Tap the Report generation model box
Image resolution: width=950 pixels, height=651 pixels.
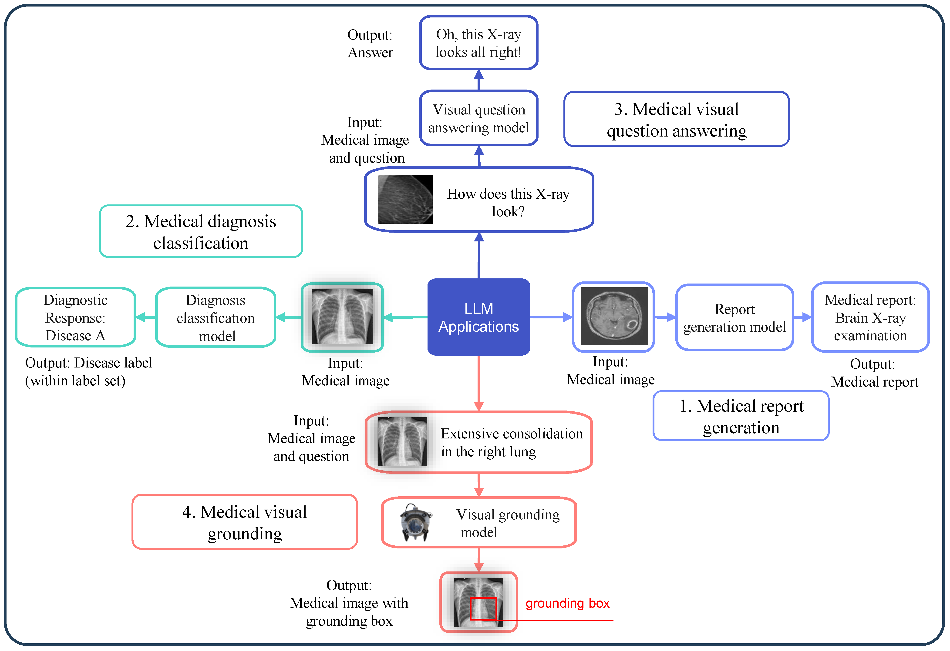(x=734, y=318)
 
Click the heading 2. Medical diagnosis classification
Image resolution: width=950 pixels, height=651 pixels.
(x=201, y=232)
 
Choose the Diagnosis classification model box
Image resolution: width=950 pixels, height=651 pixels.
(x=216, y=318)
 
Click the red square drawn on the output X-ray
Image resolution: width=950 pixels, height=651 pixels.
(x=483, y=608)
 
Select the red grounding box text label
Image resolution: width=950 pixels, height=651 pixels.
(x=567, y=603)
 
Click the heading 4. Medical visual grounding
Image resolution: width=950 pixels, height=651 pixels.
(x=244, y=522)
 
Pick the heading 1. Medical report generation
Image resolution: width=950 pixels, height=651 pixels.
(x=741, y=416)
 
